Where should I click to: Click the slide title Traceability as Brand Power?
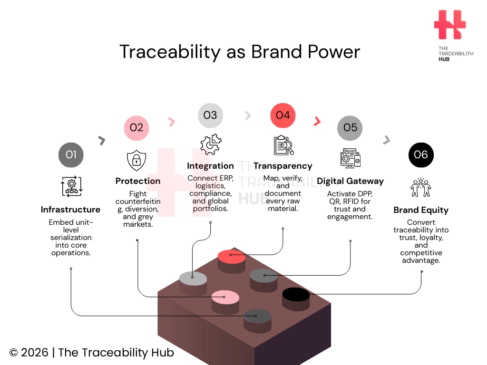[x=239, y=52]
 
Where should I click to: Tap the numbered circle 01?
[x=71, y=154]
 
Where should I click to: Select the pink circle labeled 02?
[x=136, y=127]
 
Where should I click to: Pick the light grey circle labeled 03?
[x=210, y=115]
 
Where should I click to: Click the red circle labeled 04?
[x=283, y=115]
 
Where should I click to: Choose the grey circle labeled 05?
[x=350, y=127]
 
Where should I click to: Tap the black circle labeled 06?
[x=421, y=154]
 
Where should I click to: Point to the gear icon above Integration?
[x=211, y=145]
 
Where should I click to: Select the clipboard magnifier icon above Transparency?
[x=283, y=145]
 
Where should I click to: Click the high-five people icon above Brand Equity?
[x=421, y=187]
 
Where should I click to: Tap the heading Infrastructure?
[x=70, y=210]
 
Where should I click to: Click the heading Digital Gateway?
[x=350, y=181]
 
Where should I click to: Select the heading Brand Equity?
[x=421, y=210]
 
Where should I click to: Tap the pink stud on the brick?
[x=225, y=298]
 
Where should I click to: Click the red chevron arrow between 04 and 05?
[x=317, y=122]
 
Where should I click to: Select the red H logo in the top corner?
[x=450, y=25]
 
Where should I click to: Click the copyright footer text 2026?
[x=34, y=353]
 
